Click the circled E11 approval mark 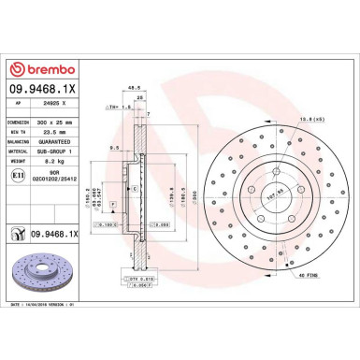point(20,175)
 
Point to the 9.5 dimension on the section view point(112,147)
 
